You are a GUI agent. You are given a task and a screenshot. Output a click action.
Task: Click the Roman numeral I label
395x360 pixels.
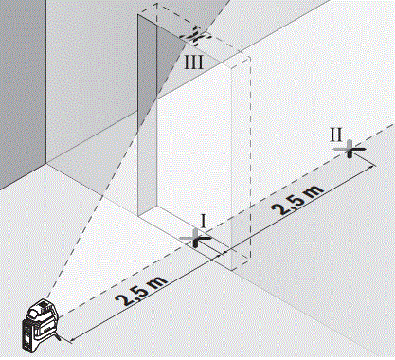pos(200,220)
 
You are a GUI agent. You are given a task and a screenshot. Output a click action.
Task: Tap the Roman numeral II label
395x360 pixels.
pos(336,134)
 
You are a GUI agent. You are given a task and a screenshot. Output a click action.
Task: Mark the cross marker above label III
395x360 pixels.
pos(195,38)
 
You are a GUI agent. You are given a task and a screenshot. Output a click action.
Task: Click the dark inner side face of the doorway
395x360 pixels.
pos(147,114)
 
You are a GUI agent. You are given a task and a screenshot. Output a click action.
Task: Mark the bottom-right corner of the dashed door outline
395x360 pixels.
pos(248,260)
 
